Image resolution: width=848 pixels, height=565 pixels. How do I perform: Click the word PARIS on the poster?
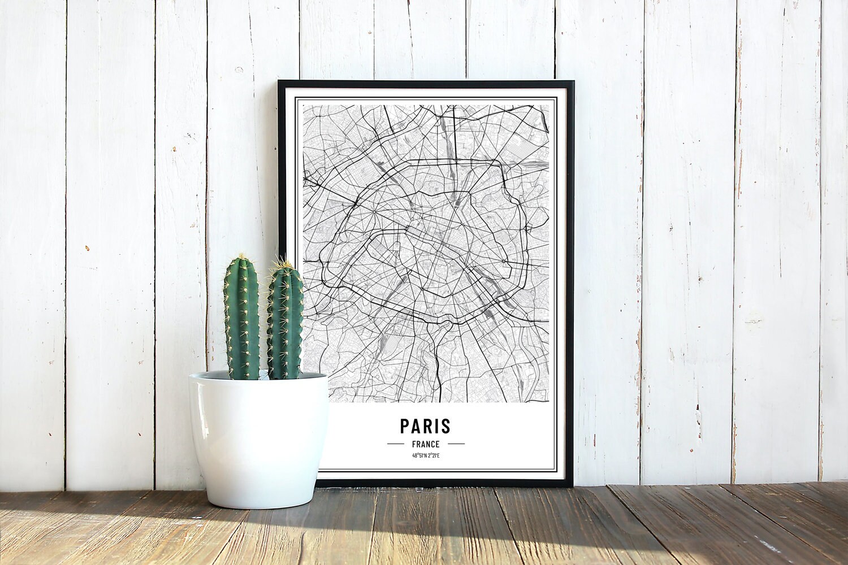(425, 425)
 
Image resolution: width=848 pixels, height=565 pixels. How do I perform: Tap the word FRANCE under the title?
(426, 444)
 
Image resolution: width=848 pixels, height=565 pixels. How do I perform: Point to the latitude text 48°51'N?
(418, 456)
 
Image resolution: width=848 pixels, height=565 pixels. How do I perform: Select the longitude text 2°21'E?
(432, 456)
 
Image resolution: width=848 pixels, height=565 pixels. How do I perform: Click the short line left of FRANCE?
(395, 444)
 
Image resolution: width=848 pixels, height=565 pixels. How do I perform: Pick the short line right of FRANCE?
(456, 444)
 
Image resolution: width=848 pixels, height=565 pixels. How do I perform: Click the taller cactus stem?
(241, 319)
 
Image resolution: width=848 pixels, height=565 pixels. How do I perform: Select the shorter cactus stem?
(284, 325)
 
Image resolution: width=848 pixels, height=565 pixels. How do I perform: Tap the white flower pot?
(258, 438)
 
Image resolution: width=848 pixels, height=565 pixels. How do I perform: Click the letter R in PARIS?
(427, 425)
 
